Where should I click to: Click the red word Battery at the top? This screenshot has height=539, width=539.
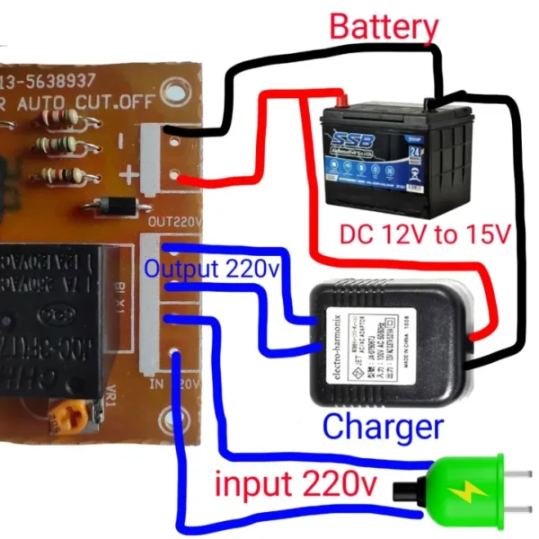384,27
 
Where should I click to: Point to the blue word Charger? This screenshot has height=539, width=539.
383,426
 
